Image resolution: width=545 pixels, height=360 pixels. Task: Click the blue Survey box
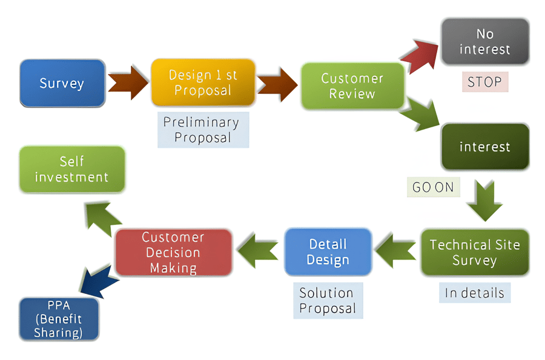click(62, 83)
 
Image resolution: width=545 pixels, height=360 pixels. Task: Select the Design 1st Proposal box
click(203, 83)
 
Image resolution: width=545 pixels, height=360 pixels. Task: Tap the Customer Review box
click(352, 86)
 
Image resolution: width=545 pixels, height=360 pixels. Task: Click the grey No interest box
click(484, 41)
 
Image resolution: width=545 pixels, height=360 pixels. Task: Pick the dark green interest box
click(484, 147)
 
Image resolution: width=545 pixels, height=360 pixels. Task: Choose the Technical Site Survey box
click(475, 252)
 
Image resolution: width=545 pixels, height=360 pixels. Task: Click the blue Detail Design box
click(328, 252)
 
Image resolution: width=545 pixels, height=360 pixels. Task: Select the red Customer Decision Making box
click(173, 252)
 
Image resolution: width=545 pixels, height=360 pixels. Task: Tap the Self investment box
click(71, 169)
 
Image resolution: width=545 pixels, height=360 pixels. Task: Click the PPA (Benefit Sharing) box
click(58, 319)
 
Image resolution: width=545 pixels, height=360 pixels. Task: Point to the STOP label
click(484, 82)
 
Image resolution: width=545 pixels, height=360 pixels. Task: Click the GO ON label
click(433, 187)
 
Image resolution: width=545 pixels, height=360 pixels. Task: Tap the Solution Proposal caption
click(328, 301)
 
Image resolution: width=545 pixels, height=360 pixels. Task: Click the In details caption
click(475, 293)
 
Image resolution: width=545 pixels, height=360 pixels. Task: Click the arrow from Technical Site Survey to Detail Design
click(395, 252)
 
